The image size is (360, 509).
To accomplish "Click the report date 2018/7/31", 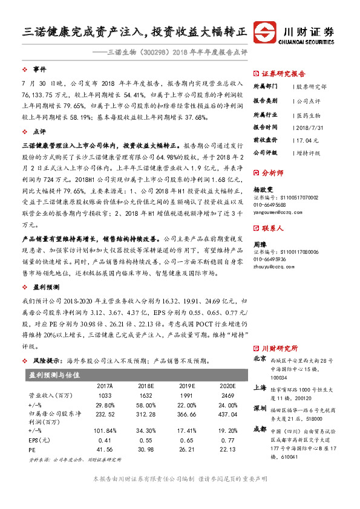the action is coord(311,127).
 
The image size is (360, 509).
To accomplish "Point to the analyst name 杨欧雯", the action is coord(263,189).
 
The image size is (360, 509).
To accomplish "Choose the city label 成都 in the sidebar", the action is coord(260,429).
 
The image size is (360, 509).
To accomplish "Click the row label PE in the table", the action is coord(32,450).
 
